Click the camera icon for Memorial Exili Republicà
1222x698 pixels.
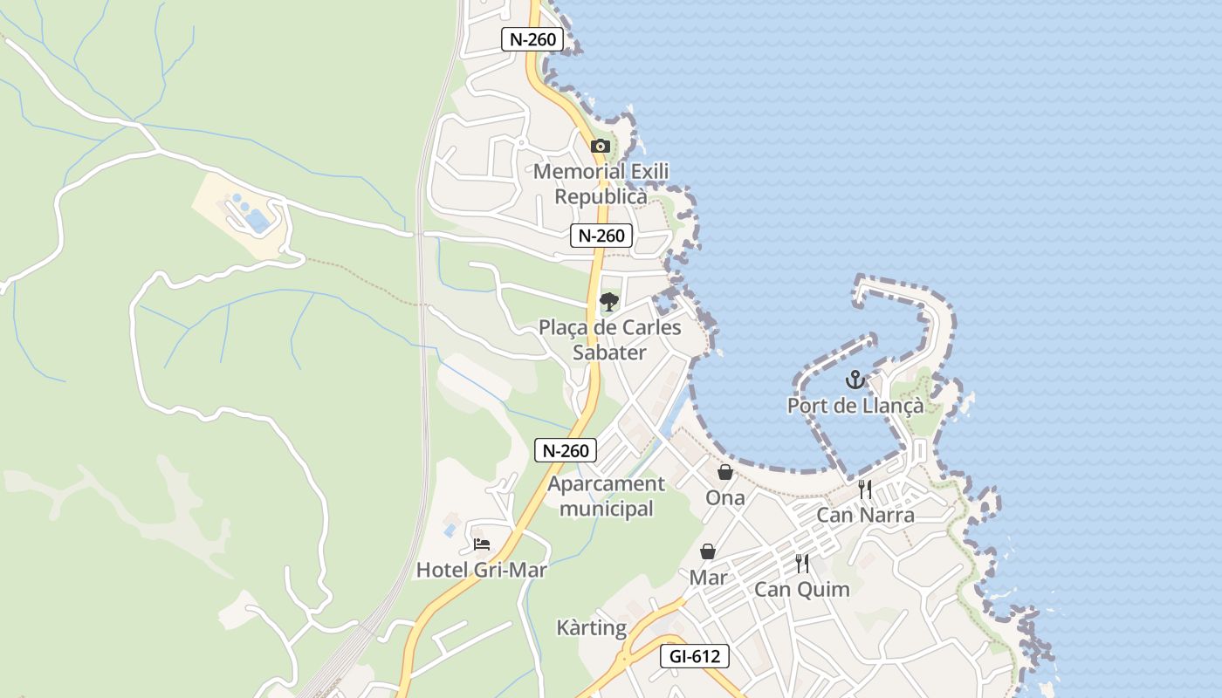click(x=600, y=146)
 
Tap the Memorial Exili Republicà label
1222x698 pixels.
click(x=601, y=184)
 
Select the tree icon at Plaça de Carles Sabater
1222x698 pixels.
click(x=608, y=302)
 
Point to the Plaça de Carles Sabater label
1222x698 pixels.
click(x=609, y=340)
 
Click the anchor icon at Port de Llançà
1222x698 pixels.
click(x=855, y=380)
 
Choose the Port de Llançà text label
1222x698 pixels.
click(x=855, y=406)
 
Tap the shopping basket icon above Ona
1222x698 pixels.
click(x=724, y=472)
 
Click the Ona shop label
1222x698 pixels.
click(x=725, y=498)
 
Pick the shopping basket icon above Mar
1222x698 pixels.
click(x=708, y=551)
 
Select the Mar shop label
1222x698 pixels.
click(x=708, y=578)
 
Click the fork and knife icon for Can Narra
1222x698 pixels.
click(x=865, y=489)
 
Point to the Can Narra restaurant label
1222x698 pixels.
click(x=865, y=515)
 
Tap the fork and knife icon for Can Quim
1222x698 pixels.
click(x=802, y=564)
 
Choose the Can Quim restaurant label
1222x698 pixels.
click(x=801, y=590)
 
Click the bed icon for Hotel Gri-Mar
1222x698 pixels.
click(x=481, y=544)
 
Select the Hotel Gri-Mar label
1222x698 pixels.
click(x=481, y=571)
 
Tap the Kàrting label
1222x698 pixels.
click(x=591, y=628)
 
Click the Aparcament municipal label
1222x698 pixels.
click(x=606, y=496)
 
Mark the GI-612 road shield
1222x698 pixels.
click(x=694, y=656)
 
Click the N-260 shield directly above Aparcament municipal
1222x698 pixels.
click(x=566, y=450)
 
